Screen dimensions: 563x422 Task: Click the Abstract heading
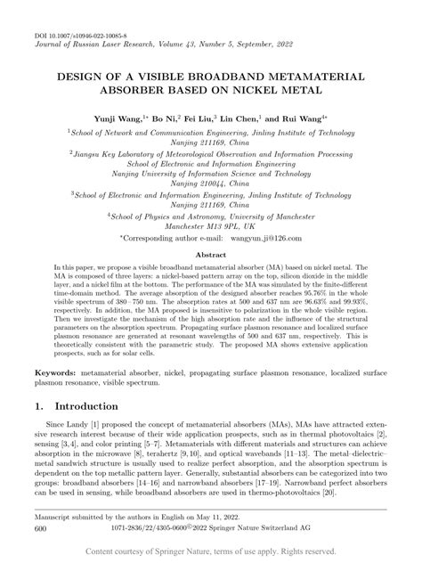click(211, 254)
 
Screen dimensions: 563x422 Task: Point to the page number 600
click(40, 529)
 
